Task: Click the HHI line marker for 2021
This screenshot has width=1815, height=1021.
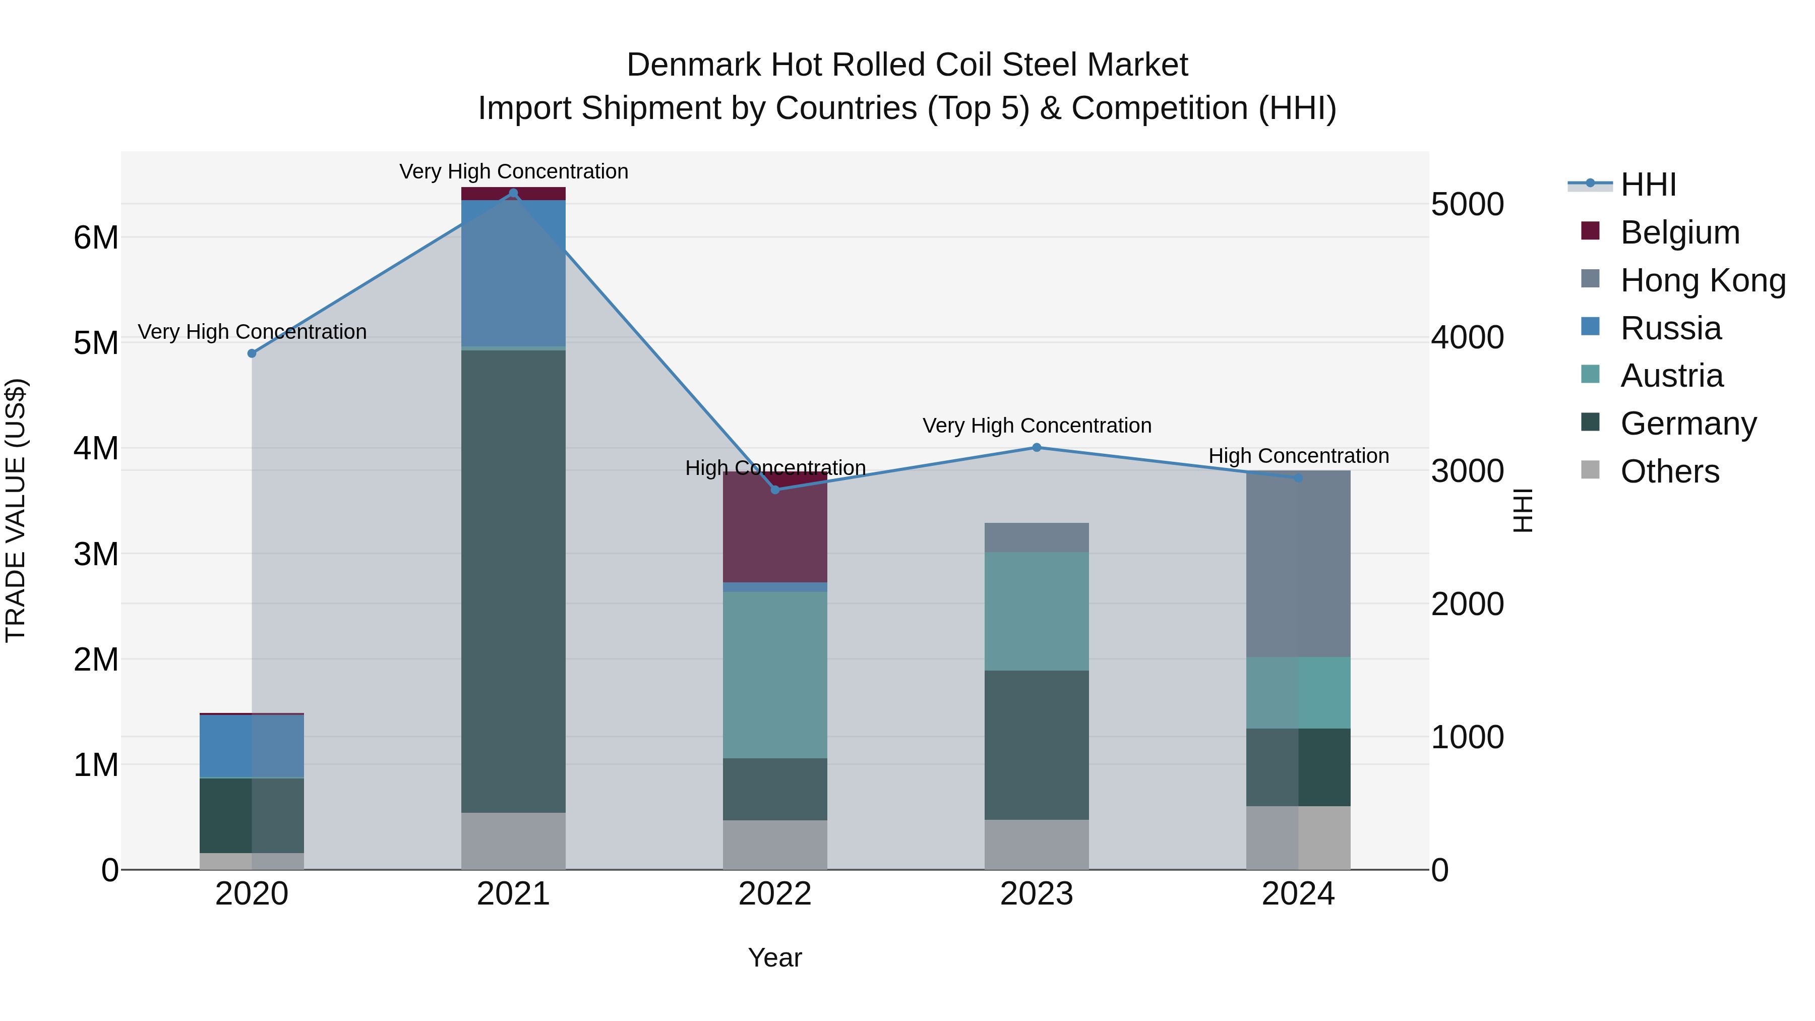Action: (x=513, y=193)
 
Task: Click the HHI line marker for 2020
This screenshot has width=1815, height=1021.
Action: (x=252, y=353)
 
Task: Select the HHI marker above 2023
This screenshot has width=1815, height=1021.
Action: (x=1037, y=447)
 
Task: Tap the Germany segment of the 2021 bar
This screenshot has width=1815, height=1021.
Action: (x=513, y=581)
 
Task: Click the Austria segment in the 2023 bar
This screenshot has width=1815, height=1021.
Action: (x=1037, y=611)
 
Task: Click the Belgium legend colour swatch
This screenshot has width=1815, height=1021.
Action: (x=1590, y=231)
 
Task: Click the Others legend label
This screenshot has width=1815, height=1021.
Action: (x=1669, y=471)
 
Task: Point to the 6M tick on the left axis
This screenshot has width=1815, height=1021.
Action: (x=96, y=237)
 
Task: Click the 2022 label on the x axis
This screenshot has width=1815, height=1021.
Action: (x=775, y=894)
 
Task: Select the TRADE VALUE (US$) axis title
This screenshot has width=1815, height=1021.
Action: (x=16, y=510)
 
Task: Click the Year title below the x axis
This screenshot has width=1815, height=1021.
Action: (x=775, y=957)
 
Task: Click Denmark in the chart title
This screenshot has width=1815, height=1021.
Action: (x=694, y=65)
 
